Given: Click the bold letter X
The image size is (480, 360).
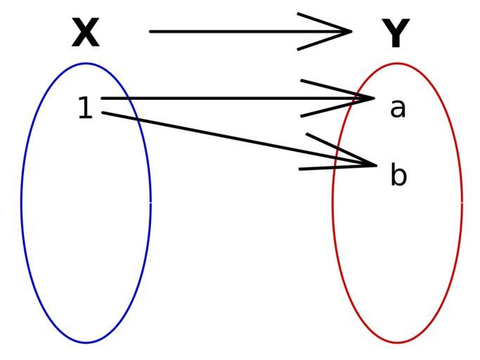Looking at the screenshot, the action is pos(86,32).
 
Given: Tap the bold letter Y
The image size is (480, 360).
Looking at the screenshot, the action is pos(396,33).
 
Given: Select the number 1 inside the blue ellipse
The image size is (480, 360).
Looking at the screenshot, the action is pos(85,108).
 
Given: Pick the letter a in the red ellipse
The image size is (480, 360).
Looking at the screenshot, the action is pos(398,108).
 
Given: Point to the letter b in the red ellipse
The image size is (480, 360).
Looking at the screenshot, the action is pos(398,174).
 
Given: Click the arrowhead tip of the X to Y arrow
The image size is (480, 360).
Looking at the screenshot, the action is pos(352,31).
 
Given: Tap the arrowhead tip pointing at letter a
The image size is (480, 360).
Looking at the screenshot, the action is pos(375,98).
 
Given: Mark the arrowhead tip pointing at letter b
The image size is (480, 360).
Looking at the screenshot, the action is pos(377,165).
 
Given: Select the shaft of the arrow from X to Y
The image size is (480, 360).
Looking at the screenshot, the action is pos(250,31).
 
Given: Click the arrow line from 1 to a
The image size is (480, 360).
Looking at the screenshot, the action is pos(238,98).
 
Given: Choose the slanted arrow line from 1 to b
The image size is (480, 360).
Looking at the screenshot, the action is pos(239,139).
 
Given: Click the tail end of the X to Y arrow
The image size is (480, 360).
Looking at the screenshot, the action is pos(150,31).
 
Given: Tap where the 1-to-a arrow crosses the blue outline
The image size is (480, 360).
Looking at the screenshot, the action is pos(128,98).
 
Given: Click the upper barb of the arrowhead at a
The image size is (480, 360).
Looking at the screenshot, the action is pos(337,89).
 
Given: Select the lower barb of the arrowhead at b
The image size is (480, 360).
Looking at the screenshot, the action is pos(337,167).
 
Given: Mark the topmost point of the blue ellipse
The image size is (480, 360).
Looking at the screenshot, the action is pos(86,63).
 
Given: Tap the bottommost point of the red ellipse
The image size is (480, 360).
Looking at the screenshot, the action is pos(397,342).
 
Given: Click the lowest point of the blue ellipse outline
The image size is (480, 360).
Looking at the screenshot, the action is pos(86,342).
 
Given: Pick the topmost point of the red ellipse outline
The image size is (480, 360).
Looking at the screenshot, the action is pos(397,63).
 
